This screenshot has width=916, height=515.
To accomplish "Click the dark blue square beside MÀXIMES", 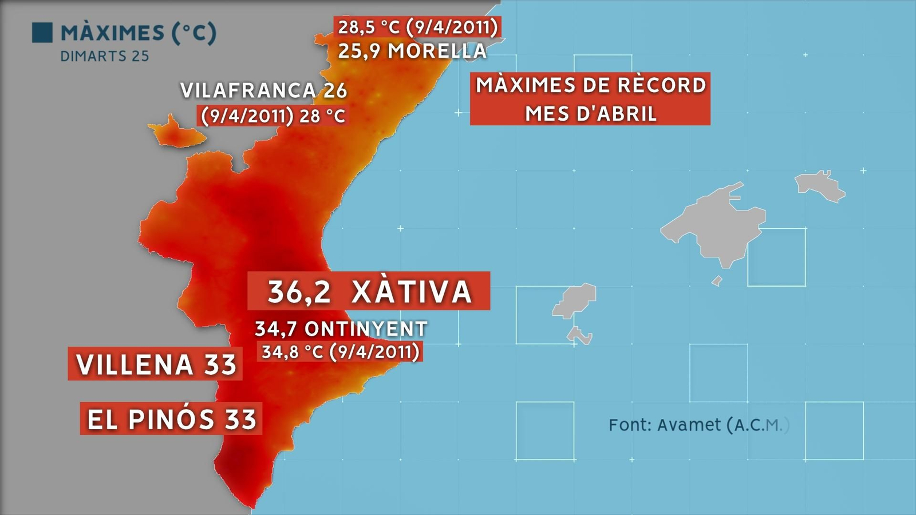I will click(x=42, y=33).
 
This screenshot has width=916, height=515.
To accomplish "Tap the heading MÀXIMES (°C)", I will click(x=139, y=33).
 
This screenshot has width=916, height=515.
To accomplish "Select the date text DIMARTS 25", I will click(x=104, y=56).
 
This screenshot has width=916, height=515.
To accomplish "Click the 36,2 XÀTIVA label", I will click(x=369, y=291).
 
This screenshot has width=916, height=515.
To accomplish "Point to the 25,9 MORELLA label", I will click(x=412, y=51).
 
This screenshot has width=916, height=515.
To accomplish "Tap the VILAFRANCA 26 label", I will click(x=263, y=90).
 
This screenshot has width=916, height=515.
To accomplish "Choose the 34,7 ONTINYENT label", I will click(x=341, y=328).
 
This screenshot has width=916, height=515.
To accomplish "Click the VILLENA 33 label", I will click(x=156, y=365).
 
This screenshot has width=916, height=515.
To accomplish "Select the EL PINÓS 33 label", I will click(x=171, y=419).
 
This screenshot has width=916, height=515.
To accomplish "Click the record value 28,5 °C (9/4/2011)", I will click(x=418, y=27).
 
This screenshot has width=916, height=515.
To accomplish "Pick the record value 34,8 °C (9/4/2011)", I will click(x=341, y=351).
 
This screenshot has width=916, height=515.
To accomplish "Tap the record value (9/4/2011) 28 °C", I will click(x=273, y=116).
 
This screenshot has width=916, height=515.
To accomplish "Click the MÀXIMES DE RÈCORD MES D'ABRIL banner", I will click(x=590, y=99).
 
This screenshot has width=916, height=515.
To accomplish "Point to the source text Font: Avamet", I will click(x=698, y=425).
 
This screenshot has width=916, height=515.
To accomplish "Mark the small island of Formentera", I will click(x=579, y=335).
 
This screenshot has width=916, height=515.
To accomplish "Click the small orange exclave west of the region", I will click(x=175, y=133).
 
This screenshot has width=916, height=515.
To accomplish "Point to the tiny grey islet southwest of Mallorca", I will click(x=716, y=281).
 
